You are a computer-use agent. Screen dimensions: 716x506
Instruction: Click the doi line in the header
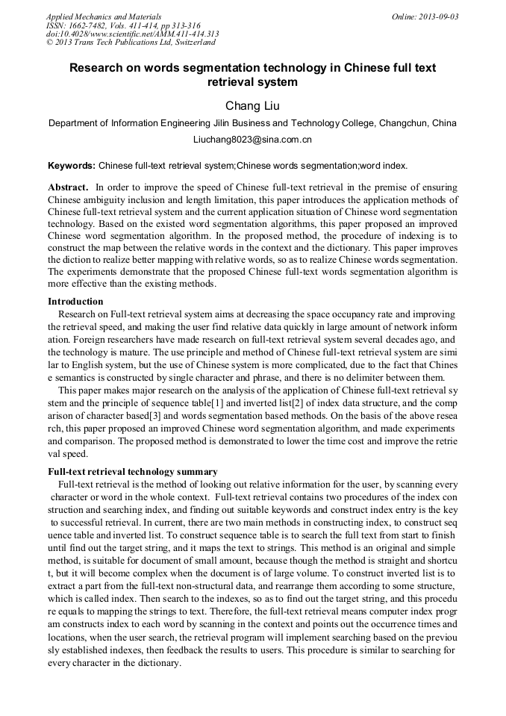[x=132, y=34]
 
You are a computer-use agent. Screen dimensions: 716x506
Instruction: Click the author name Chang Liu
[x=252, y=105]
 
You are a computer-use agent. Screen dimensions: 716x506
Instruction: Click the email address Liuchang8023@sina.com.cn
[x=252, y=140]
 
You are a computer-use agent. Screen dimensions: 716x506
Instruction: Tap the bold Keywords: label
[x=72, y=165]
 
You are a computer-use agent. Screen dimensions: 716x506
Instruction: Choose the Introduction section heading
[x=75, y=302]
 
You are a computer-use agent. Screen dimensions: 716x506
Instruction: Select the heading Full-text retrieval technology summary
[x=133, y=472]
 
